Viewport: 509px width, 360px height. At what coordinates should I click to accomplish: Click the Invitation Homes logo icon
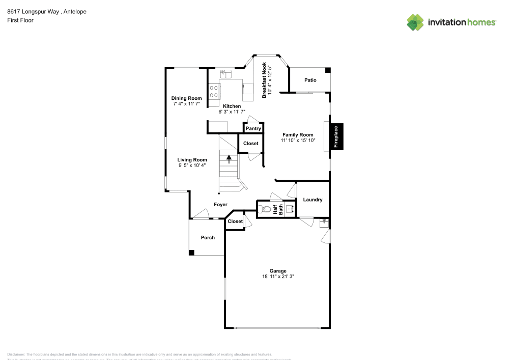click(x=415, y=22)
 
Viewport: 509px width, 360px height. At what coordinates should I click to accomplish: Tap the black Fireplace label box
click(x=336, y=137)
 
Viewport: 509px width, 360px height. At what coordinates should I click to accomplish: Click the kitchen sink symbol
click(x=225, y=75)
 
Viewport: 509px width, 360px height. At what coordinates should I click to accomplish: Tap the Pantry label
click(x=253, y=129)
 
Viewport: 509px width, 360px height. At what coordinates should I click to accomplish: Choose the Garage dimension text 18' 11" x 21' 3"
click(x=278, y=276)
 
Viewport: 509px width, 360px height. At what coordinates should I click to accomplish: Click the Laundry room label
click(x=313, y=200)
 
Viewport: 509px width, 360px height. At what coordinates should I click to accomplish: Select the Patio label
click(x=310, y=80)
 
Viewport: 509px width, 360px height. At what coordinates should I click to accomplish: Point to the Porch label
click(x=208, y=237)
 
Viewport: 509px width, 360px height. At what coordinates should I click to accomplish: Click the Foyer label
click(x=220, y=204)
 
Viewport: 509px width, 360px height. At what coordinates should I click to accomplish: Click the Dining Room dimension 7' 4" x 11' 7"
click(x=186, y=103)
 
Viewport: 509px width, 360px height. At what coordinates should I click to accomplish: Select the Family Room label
click(x=298, y=134)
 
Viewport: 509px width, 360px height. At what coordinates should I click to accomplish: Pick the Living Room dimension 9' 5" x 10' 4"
click(x=192, y=165)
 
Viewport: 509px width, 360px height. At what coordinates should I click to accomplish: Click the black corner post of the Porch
click(x=191, y=253)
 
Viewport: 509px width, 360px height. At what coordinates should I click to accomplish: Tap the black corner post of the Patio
click(x=328, y=70)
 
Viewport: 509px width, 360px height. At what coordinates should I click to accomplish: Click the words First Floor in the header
click(x=20, y=20)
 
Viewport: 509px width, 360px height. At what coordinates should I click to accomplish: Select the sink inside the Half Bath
click(x=290, y=209)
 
